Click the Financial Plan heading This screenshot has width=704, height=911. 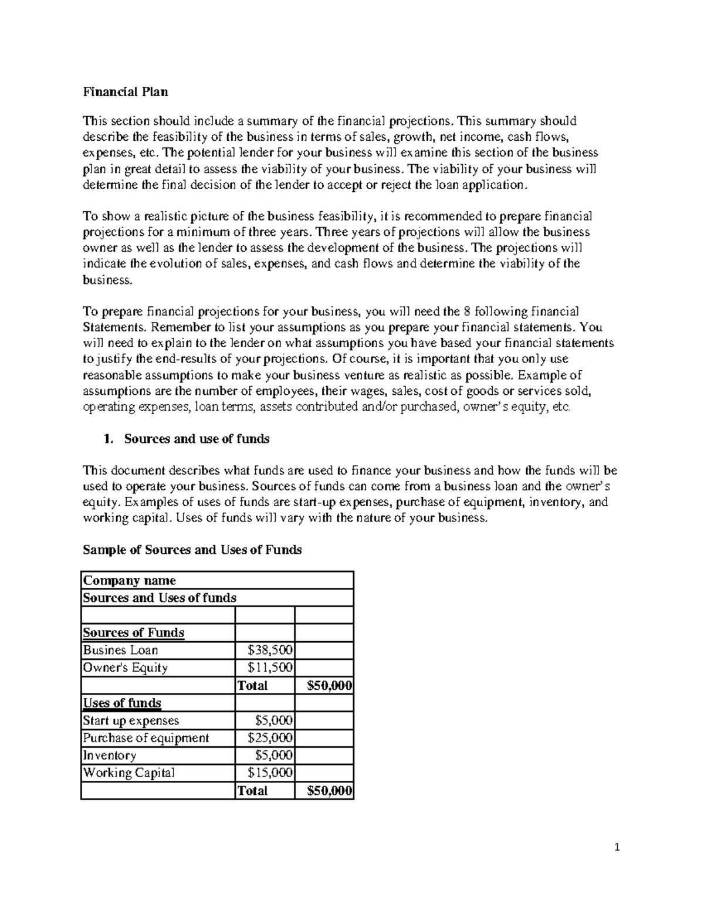[125, 92]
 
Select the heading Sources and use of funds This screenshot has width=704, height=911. [197, 439]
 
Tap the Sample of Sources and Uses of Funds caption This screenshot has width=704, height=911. [192, 550]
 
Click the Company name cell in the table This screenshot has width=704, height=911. [129, 580]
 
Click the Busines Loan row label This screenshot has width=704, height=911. [120, 650]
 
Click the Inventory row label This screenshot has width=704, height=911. [109, 756]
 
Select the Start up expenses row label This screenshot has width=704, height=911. [131, 720]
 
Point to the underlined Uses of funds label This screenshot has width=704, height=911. [122, 703]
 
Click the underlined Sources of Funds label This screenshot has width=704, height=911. [133, 632]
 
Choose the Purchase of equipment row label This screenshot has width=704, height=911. [145, 738]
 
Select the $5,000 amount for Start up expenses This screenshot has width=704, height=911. [274, 720]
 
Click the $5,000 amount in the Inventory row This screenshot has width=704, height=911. [274, 756]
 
